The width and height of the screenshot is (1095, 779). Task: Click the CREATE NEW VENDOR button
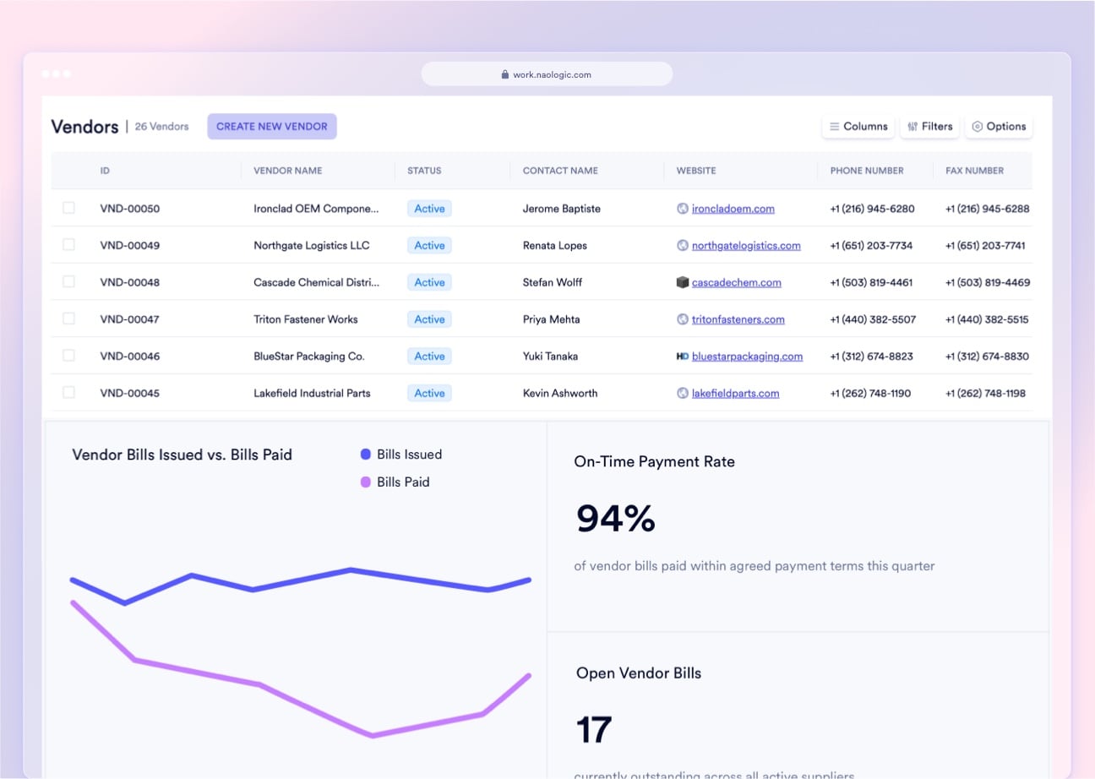coord(272,127)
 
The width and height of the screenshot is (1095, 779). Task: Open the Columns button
coord(858,127)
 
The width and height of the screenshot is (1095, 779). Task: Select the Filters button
coord(929,127)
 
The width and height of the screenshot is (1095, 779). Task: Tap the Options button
coord(998,127)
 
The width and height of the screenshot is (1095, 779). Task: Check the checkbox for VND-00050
coord(68,208)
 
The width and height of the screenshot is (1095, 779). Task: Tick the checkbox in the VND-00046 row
coord(68,356)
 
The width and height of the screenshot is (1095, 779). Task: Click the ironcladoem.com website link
coord(733,209)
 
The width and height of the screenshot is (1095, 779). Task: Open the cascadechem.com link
coord(736,282)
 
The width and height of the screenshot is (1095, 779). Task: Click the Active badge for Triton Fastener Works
coord(429,319)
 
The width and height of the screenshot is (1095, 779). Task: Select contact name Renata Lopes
coord(554,245)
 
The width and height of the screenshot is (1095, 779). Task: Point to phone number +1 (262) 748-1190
coord(870,393)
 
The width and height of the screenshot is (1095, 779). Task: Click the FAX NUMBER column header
coord(974,171)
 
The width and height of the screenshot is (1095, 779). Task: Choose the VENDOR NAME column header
coord(287,171)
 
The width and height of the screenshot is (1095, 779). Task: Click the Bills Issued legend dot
coord(366,455)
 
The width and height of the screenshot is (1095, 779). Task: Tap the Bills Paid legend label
coord(403,482)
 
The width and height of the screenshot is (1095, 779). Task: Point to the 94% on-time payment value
coord(615,518)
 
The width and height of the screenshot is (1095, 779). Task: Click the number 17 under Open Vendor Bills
coord(593,729)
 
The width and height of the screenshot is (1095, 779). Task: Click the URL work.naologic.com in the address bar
coord(551,74)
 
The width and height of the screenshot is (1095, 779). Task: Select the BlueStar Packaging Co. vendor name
coord(308,356)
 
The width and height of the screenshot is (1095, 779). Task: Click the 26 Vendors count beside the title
coord(161,127)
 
